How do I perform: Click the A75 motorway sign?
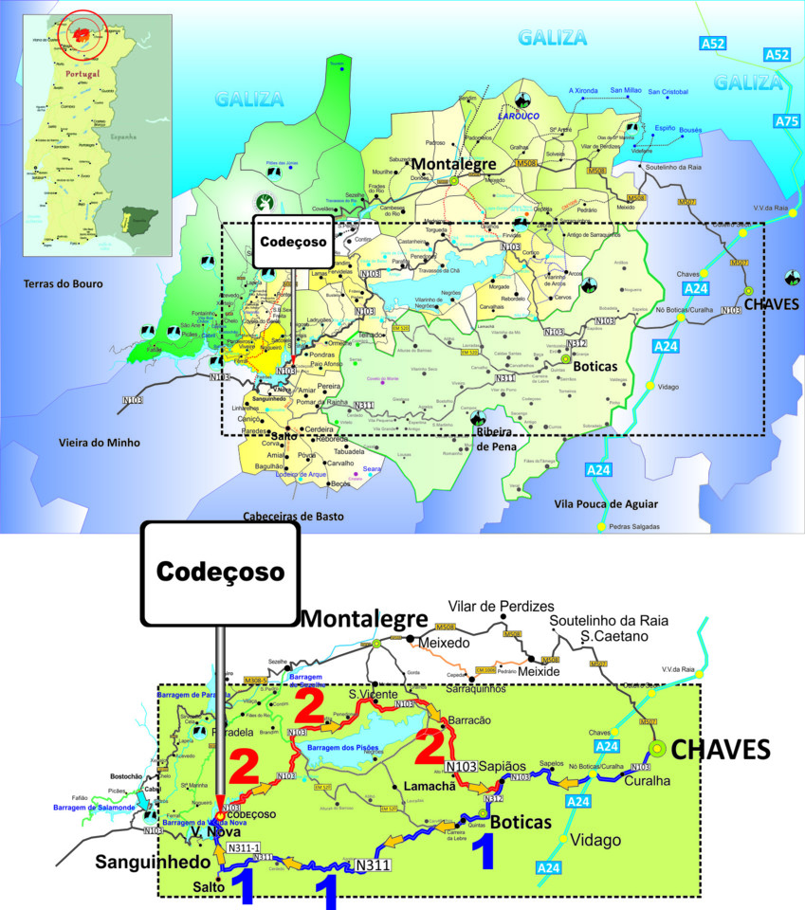click(786, 121)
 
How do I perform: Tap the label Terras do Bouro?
click(65, 283)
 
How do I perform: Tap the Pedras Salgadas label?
click(634, 526)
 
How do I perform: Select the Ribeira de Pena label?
click(495, 438)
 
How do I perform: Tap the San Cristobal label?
click(669, 92)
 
